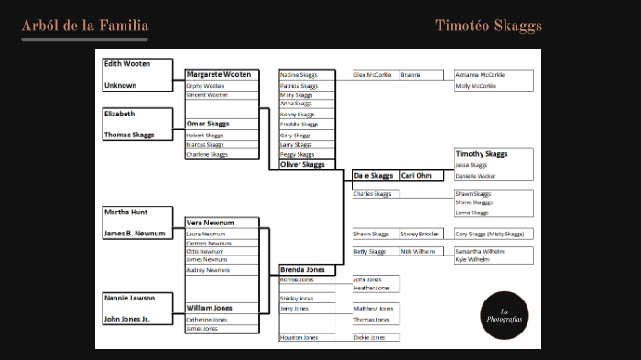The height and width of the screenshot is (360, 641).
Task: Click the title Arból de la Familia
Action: click(84, 26)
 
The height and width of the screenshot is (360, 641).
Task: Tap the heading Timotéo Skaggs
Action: click(488, 26)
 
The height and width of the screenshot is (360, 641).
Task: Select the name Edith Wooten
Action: click(126, 64)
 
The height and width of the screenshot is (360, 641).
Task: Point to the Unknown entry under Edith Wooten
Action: click(120, 85)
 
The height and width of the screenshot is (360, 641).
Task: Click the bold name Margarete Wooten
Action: click(218, 74)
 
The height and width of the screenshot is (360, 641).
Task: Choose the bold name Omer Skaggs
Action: click(208, 124)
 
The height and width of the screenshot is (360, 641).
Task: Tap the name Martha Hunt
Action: click(125, 212)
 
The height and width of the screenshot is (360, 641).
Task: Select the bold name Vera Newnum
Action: click(210, 223)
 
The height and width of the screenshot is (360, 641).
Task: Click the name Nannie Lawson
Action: click(129, 298)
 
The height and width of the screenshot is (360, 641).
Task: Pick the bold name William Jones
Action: click(210, 308)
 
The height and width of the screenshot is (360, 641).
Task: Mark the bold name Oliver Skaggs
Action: click(302, 165)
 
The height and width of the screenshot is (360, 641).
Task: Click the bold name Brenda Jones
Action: click(302, 270)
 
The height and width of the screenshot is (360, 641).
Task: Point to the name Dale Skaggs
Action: click(373, 175)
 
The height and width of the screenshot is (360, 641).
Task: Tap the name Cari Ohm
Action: click(416, 175)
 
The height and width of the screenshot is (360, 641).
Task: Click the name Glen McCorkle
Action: click(373, 75)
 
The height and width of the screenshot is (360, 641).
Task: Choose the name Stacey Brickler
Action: click(419, 234)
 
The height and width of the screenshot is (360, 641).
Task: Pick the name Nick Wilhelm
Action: click(418, 251)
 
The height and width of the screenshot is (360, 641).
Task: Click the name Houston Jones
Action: click(299, 338)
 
